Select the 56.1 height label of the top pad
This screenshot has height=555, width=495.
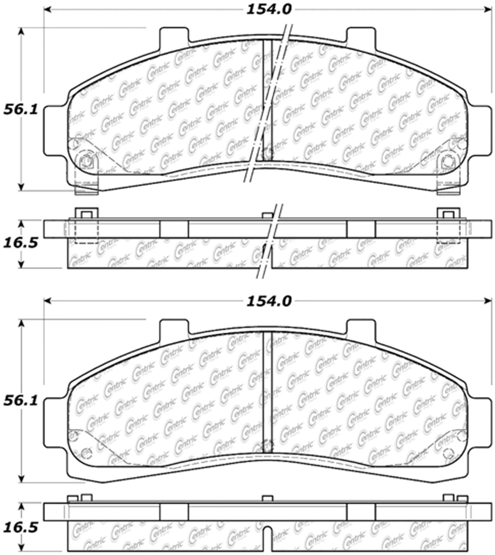[20, 110]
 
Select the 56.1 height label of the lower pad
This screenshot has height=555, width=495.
[20, 401]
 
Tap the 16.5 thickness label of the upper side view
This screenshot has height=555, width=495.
[20, 244]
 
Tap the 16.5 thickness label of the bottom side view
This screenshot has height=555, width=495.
[20, 528]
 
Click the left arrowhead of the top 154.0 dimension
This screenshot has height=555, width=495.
[48, 10]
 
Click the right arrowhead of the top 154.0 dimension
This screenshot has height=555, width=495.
[487, 10]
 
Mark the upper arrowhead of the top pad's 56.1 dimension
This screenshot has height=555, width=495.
[21, 31]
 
